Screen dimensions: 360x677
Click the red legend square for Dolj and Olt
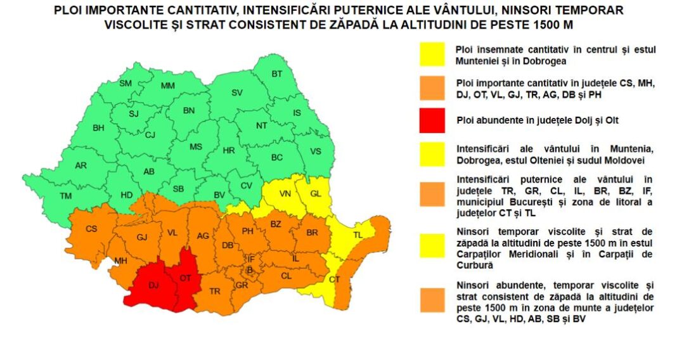pyautogui.click(x=432, y=120)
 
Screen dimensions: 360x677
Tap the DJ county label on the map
pyautogui.click(x=153, y=286)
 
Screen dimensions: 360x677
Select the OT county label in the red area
pyautogui.click(x=185, y=278)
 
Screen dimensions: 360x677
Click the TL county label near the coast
pyautogui.click(x=358, y=235)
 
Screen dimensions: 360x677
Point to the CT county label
pyautogui.click(x=335, y=280)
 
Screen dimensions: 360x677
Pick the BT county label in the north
pyautogui.click(x=277, y=74)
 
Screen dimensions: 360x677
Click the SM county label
pyautogui.click(x=126, y=83)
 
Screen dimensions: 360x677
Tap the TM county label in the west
pyautogui.click(x=65, y=196)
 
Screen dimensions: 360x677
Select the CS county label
pyautogui.click(x=92, y=229)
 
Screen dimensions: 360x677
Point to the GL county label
pyautogui.click(x=315, y=193)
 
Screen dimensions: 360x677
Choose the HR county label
pyautogui.click(x=229, y=151)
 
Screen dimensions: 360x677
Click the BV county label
pyautogui.click(x=219, y=195)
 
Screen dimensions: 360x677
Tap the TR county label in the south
pyautogui.click(x=215, y=291)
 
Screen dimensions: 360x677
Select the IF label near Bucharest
pyautogui.click(x=250, y=259)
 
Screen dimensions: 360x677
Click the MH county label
pyautogui.click(x=120, y=260)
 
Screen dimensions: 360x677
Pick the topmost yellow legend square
pyautogui.click(x=432, y=55)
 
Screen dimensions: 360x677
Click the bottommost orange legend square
pyautogui.click(x=432, y=300)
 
